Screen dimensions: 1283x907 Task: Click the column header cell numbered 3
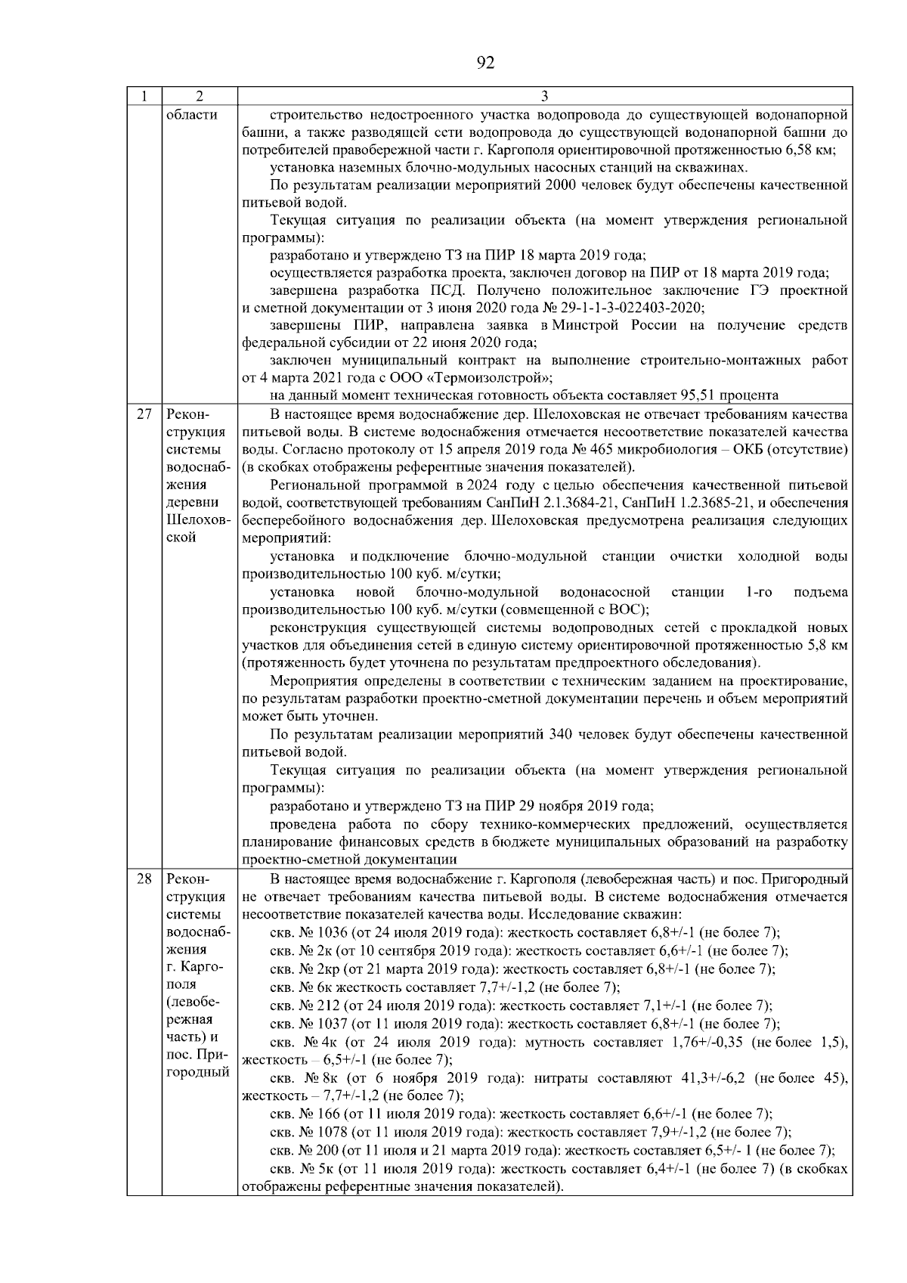pos(545,97)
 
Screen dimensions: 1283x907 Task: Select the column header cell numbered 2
pos(199,97)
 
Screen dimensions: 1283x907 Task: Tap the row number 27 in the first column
pos(144,415)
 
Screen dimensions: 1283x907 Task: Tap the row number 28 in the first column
pos(144,879)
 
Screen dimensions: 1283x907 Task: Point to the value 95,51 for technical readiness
pos(705,395)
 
